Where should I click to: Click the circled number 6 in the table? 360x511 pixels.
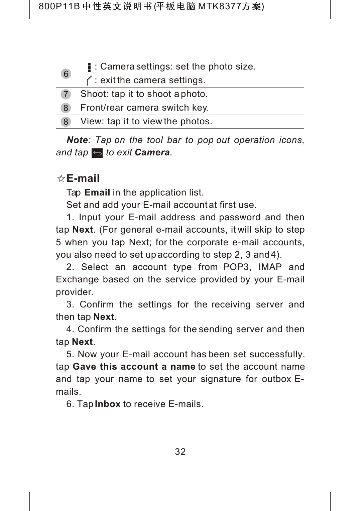pos(66,74)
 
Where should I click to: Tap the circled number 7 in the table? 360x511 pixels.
pos(66,94)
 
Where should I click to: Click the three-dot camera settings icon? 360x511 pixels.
pos(89,68)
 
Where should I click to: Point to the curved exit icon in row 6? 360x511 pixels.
pos(89,81)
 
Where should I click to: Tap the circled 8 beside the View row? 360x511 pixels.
pos(66,122)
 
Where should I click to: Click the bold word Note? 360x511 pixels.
pos(77,140)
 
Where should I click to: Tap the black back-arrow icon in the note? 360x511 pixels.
pos(97,153)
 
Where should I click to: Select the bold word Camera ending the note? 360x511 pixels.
pos(152,152)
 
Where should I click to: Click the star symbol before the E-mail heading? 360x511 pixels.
pos(61,178)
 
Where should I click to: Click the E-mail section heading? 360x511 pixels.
pos(83,178)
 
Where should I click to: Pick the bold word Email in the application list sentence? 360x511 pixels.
pos(97,193)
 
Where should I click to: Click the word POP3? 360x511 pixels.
pos(236,267)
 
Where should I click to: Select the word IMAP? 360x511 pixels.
pos(270,267)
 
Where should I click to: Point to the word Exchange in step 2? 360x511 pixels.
pos(77,279)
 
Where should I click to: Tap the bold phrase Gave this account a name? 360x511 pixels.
pos(134,367)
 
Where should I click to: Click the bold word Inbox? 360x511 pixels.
pos(107,404)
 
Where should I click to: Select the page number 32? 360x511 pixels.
pos(180,452)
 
